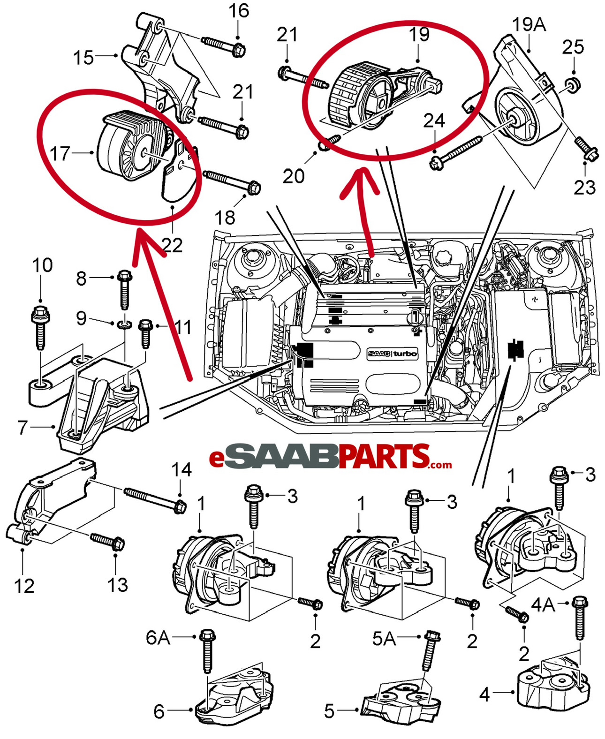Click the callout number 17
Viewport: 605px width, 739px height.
point(60,153)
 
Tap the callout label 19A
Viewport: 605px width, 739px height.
point(529,23)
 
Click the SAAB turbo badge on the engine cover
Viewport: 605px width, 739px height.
point(392,354)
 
